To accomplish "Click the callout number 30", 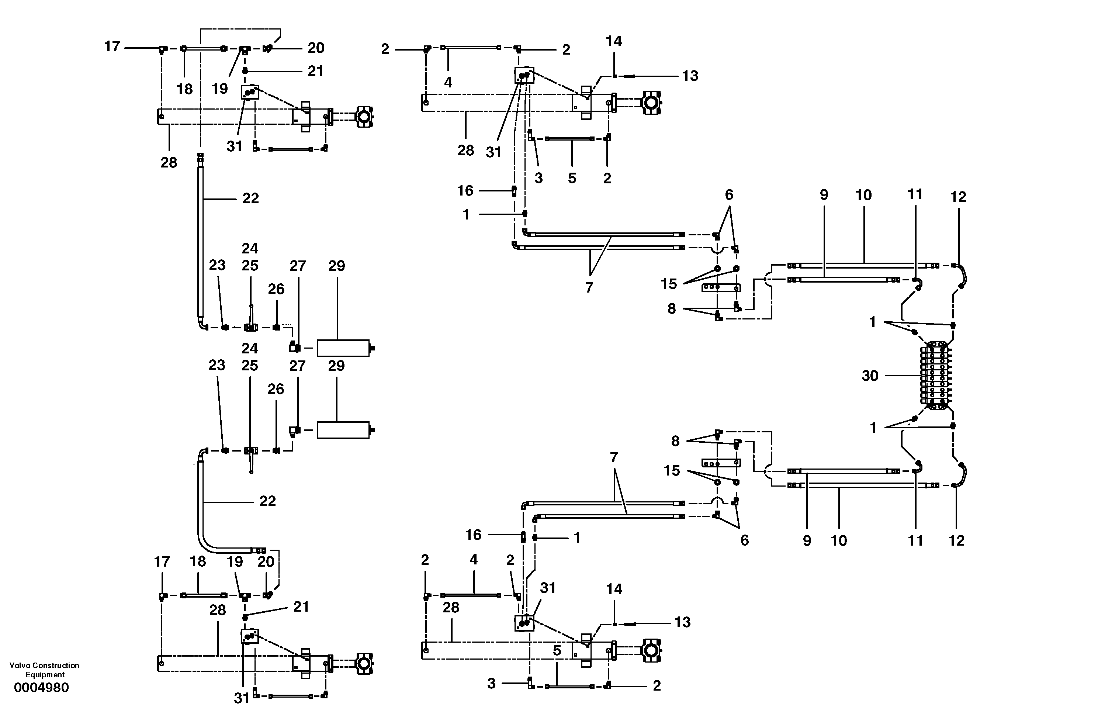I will pyautogui.click(x=870, y=376).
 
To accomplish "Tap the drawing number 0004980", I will pyautogui.click(x=42, y=688).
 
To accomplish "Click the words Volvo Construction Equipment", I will pyautogui.click(x=44, y=670).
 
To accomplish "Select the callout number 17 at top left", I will pyautogui.click(x=112, y=46).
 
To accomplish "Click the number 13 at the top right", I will pyautogui.click(x=690, y=76).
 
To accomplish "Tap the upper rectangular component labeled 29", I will pyautogui.click(x=343, y=348).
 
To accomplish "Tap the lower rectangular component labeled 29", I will pyautogui.click(x=343, y=430).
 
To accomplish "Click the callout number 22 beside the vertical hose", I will pyautogui.click(x=250, y=198).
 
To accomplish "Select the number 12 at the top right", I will pyautogui.click(x=958, y=197).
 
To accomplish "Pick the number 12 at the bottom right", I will pyautogui.click(x=956, y=540).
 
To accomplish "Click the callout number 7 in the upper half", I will pyautogui.click(x=589, y=287).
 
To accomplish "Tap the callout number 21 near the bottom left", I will pyautogui.click(x=301, y=606).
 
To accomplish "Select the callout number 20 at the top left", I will pyautogui.click(x=316, y=48).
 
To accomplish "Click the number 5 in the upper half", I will pyautogui.click(x=572, y=178).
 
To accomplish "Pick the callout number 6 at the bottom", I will pyautogui.click(x=744, y=540).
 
